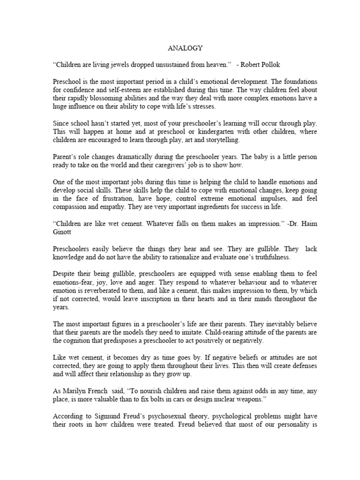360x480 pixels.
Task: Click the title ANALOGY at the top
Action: point(180,48)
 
